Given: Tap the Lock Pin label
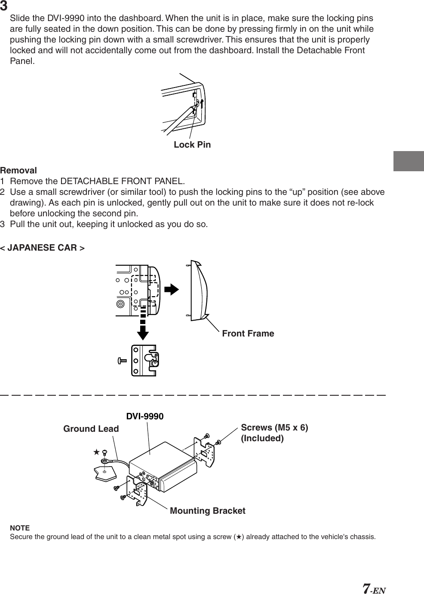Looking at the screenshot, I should point(192,145).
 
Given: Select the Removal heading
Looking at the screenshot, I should point(18,170).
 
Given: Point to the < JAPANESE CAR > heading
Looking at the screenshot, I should point(42,248).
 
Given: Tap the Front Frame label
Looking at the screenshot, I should point(248,333).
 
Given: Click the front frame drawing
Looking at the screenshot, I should point(198,291).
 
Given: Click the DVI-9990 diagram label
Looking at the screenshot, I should point(144,416).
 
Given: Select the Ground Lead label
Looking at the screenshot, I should point(91,429).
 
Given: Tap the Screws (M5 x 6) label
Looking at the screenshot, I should point(274,428).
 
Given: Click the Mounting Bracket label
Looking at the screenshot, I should point(207,511).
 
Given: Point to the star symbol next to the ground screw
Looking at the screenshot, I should point(97,452).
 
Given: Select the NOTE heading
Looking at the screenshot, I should point(20,527).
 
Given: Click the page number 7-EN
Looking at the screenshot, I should point(374,588).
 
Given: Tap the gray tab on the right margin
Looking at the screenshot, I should point(408,161).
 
